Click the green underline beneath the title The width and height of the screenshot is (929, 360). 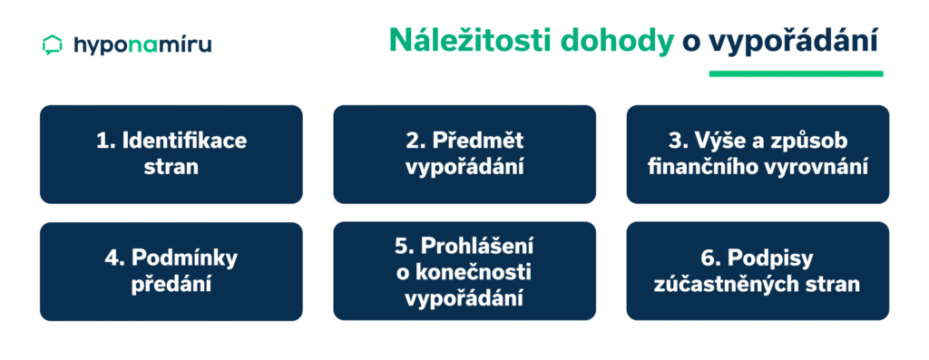(796, 73)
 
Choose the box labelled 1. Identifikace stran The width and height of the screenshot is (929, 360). (171, 154)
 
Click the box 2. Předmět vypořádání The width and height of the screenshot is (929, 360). (464, 154)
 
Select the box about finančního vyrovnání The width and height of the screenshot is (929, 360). (758, 154)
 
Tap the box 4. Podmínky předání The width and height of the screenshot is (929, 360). (171, 271)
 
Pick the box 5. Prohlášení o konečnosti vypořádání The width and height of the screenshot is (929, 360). (464, 271)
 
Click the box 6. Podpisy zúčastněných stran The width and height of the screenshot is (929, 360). (758, 271)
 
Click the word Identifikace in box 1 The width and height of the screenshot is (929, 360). (184, 141)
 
